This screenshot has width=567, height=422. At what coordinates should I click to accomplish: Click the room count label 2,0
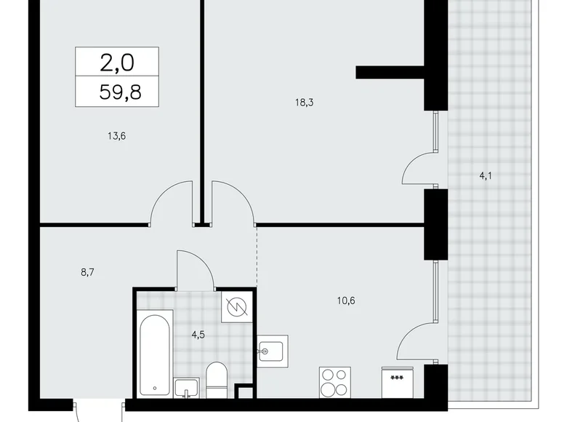coord(117,63)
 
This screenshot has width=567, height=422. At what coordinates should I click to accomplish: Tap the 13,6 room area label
coord(107,135)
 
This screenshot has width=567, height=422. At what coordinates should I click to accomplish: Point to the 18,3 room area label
coord(304,103)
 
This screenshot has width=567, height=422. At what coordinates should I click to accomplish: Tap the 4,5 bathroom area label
coord(198,335)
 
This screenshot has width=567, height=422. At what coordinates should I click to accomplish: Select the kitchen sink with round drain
coord(273,351)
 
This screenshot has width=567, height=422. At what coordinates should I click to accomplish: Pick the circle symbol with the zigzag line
coord(238,309)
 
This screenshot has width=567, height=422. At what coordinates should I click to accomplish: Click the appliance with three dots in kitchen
coord(398,383)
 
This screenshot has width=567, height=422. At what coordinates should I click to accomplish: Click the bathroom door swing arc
coord(195,268)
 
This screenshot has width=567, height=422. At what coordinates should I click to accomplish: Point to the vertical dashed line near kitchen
coord(257,255)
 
